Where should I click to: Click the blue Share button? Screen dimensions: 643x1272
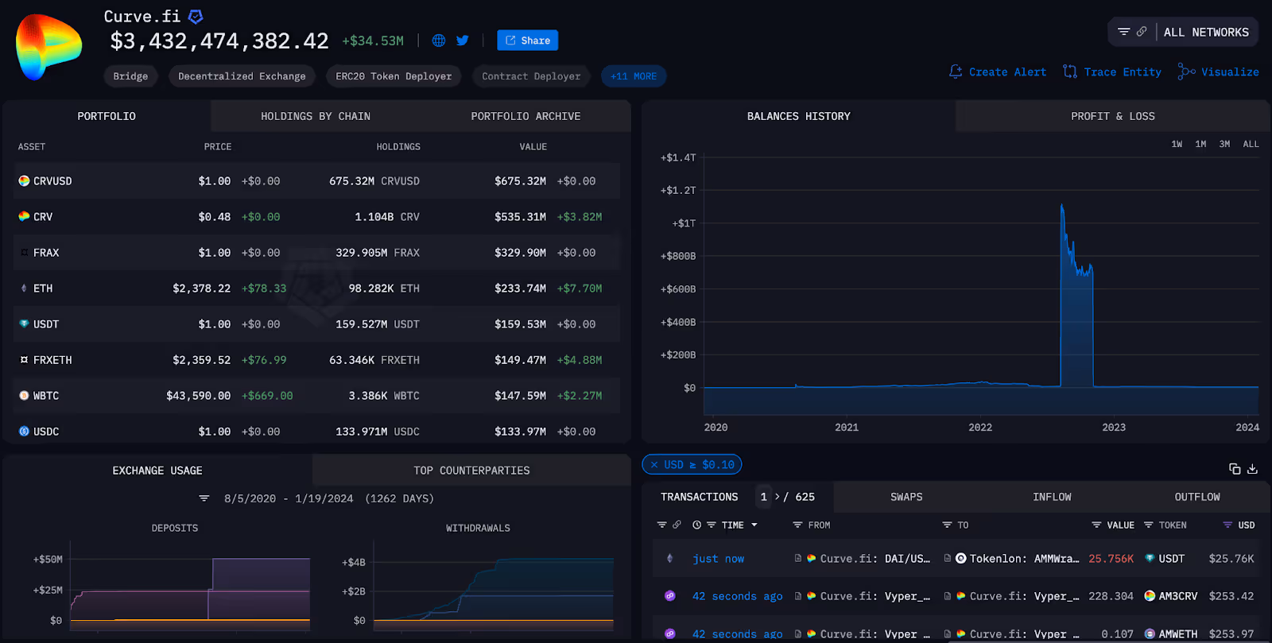[527, 41]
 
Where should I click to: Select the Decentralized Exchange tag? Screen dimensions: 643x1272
[242, 76]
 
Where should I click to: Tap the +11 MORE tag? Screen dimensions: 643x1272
[634, 76]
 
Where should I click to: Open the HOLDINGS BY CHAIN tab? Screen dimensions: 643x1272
[316, 116]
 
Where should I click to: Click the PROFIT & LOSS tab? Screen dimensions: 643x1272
[1112, 116]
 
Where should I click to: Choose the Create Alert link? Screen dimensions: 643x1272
[998, 72]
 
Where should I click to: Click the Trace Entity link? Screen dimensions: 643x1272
[1112, 72]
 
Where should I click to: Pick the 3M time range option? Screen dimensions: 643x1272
[1224, 144]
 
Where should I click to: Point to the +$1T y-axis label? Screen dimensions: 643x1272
[684, 223]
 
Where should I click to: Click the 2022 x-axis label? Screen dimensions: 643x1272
[980, 427]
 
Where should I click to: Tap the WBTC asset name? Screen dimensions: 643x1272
[46, 396]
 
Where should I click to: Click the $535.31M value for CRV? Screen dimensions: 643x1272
[520, 217]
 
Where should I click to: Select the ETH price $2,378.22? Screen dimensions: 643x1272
[201, 289]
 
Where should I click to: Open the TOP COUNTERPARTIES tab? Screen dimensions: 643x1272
[471, 471]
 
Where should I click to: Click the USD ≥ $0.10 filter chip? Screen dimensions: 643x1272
[692, 464]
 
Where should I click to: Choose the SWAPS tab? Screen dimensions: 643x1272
[906, 497]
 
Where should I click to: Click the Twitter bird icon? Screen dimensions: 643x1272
[463, 41]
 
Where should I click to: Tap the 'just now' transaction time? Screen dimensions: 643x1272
[718, 559]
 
